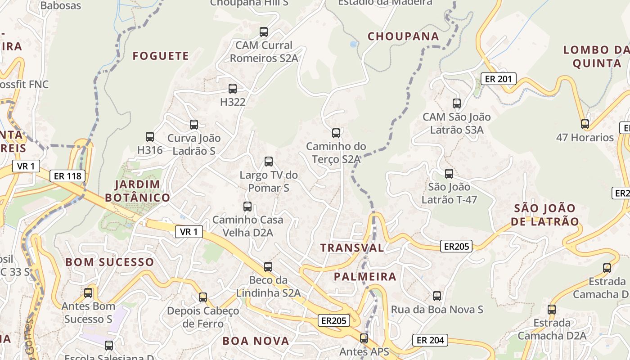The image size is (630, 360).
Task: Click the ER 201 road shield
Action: pos(498,79)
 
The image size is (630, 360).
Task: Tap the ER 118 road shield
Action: pos(67,176)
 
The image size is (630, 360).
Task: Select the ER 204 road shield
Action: pos(430,340)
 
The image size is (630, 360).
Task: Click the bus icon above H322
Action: pos(233,89)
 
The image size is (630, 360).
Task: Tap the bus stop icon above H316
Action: pos(150,136)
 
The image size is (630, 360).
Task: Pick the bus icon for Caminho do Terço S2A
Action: pos(336,133)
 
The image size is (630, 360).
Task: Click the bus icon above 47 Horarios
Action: pos(585,124)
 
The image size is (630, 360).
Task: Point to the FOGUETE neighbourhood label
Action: pos(161,56)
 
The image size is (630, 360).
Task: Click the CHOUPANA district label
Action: pos(403,36)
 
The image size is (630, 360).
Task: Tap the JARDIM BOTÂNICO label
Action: pos(137,191)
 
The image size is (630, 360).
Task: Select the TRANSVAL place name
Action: pos(352,247)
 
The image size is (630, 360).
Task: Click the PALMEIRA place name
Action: pos(365,277)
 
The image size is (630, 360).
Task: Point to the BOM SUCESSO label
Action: pos(110,262)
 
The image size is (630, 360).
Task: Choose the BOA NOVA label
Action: pos(256,341)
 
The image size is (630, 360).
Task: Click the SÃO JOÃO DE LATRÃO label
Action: pos(544,215)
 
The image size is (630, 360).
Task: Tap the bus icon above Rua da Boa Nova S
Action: pos(437,296)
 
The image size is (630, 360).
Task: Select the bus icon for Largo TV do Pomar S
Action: pos(269,161)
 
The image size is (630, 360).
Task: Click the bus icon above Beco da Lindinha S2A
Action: pos(268,266)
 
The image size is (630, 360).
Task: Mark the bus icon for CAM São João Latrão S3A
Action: pos(457,103)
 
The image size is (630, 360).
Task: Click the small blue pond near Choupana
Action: pos(354,45)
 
